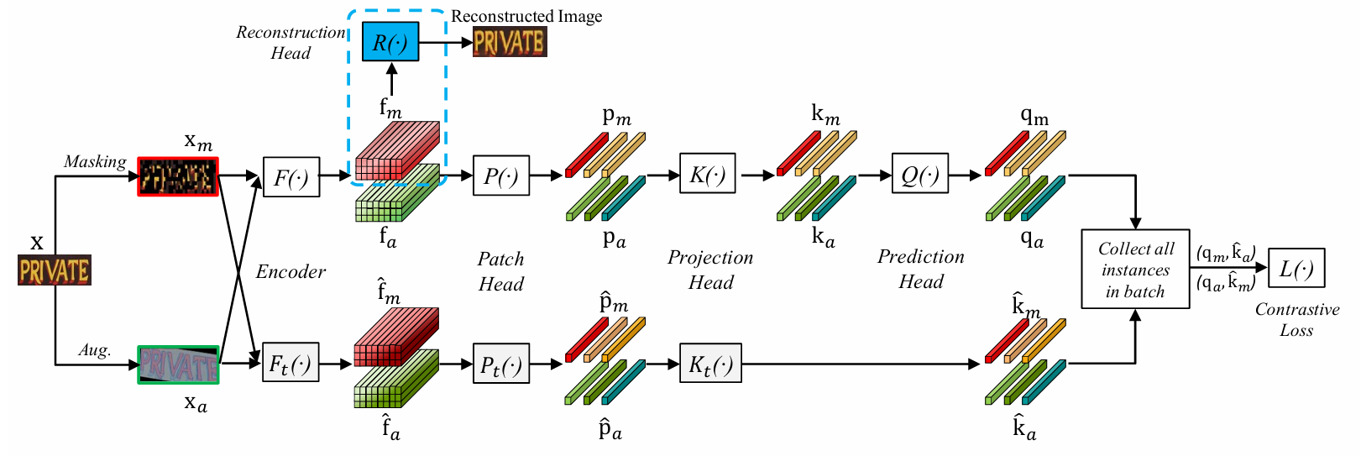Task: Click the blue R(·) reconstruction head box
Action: (x=390, y=42)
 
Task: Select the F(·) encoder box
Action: (x=291, y=177)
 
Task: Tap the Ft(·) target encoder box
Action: (x=291, y=363)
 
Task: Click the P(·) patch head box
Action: (x=501, y=176)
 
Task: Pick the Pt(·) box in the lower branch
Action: (x=501, y=364)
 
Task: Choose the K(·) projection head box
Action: (x=708, y=174)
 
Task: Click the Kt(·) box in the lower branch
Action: (x=710, y=364)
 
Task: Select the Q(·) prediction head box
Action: (x=920, y=174)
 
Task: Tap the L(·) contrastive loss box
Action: (x=1296, y=269)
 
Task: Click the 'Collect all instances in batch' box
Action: (x=1135, y=270)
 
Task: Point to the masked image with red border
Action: (x=178, y=177)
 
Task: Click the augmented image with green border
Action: (x=178, y=364)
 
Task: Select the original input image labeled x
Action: (x=55, y=270)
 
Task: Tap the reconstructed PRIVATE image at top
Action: (x=510, y=42)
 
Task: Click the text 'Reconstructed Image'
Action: (x=526, y=16)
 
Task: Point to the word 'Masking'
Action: (x=95, y=161)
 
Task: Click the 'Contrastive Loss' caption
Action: (x=1297, y=320)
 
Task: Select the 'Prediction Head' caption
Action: (x=921, y=269)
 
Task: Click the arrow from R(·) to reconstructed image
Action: (x=445, y=42)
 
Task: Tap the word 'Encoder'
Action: (x=291, y=271)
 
